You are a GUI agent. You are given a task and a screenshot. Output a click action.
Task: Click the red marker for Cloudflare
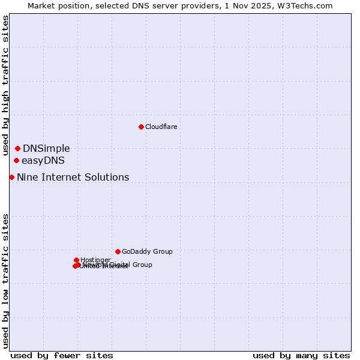[x=141, y=127]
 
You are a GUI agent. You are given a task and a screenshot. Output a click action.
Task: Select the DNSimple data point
[x=18, y=148]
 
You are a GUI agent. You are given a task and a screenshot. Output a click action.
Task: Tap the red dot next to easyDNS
[x=16, y=160]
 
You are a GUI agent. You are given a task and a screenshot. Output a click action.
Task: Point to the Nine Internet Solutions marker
[x=11, y=177]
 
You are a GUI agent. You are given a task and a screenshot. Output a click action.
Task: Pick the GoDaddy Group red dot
[x=118, y=251]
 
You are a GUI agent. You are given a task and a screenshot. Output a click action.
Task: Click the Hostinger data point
[x=77, y=260]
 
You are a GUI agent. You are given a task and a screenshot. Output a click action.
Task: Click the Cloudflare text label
[x=161, y=127]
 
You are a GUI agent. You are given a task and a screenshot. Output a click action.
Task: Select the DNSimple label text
[x=46, y=148]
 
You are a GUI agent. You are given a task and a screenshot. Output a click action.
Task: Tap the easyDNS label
[x=43, y=160]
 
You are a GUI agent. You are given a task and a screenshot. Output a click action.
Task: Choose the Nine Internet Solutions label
[x=73, y=177]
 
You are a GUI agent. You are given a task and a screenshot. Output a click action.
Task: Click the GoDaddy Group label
[x=147, y=251]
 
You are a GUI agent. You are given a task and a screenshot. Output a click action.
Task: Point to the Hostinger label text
[x=95, y=260]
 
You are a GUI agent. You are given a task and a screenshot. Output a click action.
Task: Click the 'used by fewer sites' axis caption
[x=62, y=355]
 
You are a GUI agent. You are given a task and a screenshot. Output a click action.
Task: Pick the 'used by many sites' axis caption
[x=301, y=355]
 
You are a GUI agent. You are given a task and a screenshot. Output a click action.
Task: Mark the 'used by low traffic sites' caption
[x=5, y=281]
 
